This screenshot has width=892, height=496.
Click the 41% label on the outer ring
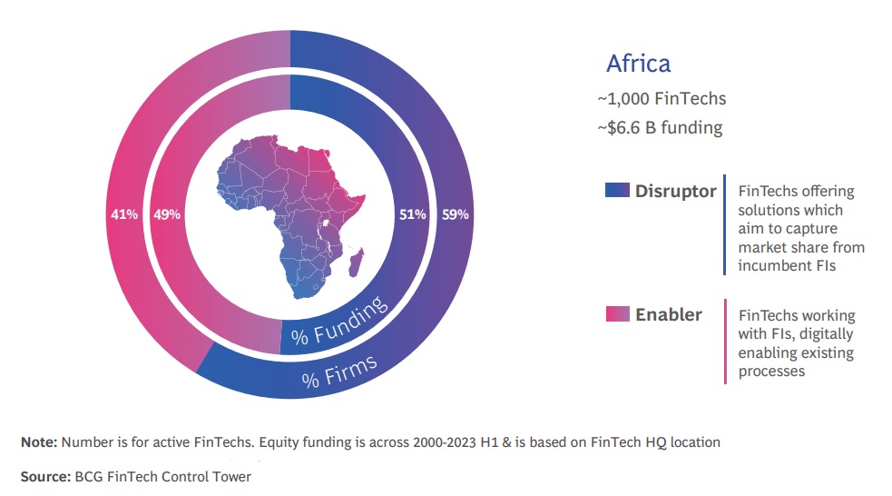pyautogui.click(x=124, y=214)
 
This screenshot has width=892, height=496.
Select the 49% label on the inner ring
pyautogui.click(x=167, y=214)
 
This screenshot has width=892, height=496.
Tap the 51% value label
pyautogui.click(x=413, y=214)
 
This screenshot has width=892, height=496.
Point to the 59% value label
pyautogui.click(x=456, y=214)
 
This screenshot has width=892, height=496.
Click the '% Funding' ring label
pyautogui.click(x=339, y=322)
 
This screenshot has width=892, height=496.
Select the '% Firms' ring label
pyautogui.click(x=339, y=372)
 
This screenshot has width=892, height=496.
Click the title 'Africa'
pyautogui.click(x=638, y=64)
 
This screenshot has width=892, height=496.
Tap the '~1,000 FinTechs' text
pyautogui.click(x=662, y=98)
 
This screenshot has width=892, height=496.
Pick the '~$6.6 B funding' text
pyautogui.click(x=660, y=127)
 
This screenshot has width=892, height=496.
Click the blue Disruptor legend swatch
pyautogui.click(x=617, y=190)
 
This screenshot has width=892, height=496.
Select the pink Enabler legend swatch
pyautogui.click(x=617, y=313)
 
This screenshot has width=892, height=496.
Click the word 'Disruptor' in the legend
pyautogui.click(x=676, y=191)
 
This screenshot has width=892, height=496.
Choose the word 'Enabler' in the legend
pyautogui.click(x=669, y=314)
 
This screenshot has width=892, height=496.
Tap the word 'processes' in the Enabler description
pyautogui.click(x=771, y=372)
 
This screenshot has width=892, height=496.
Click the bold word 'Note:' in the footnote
pyautogui.click(x=39, y=441)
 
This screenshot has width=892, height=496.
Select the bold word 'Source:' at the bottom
pyautogui.click(x=45, y=477)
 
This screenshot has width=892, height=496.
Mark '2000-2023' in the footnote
pyautogui.click(x=445, y=441)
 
